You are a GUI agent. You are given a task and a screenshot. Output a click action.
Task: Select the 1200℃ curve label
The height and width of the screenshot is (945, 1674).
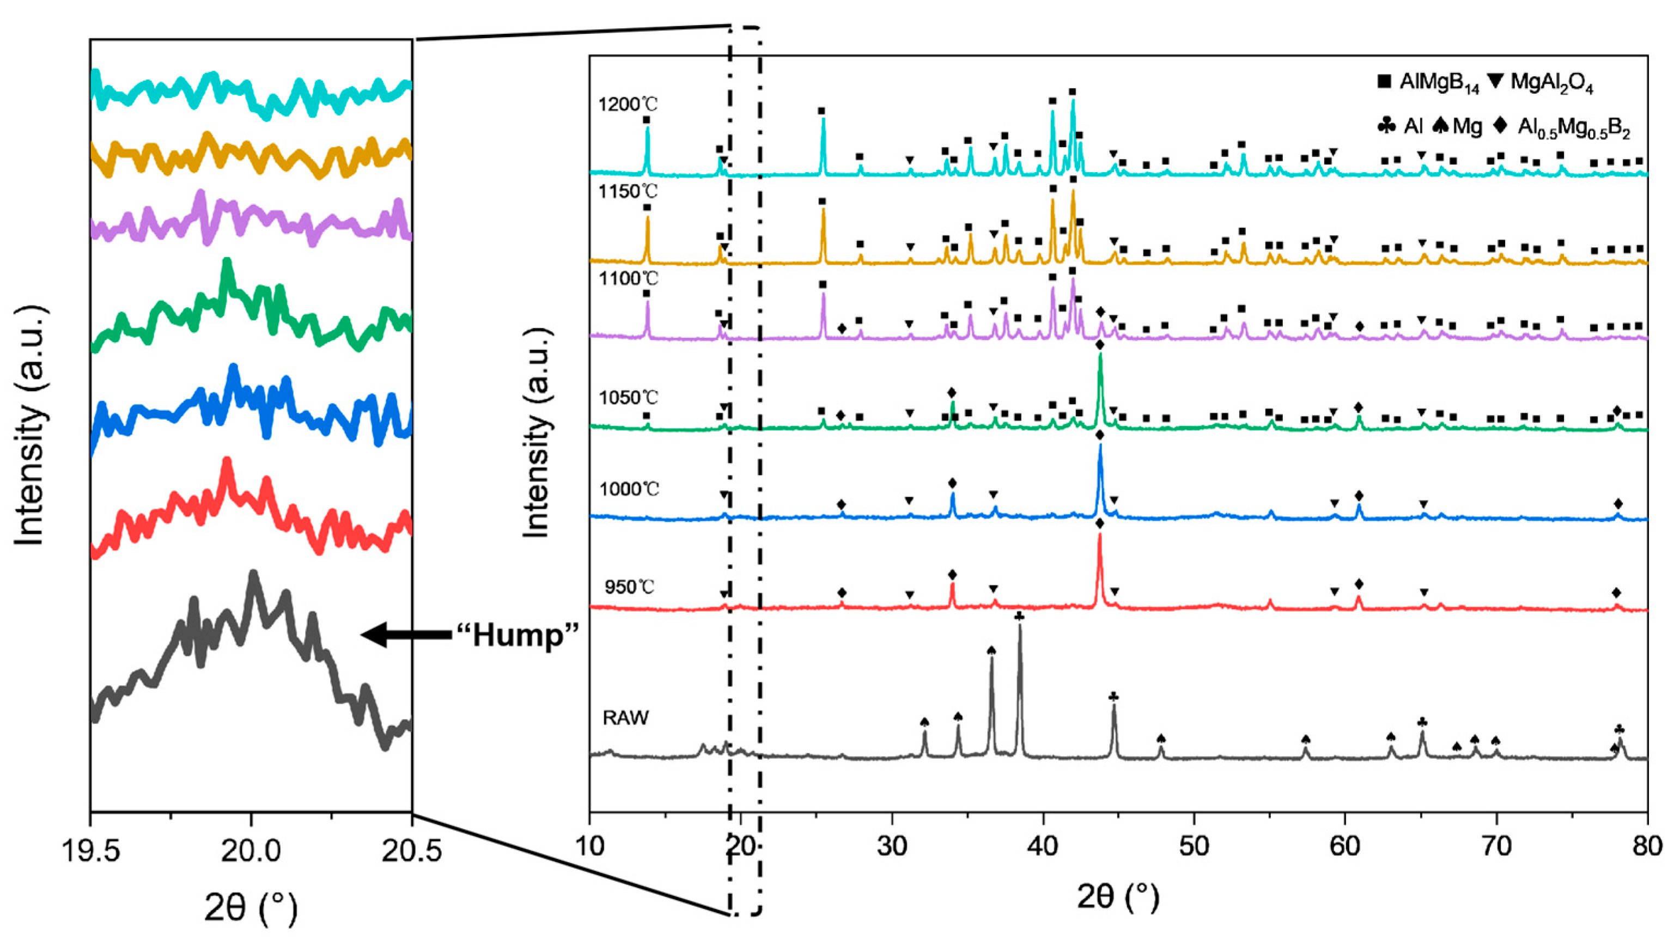[629, 105]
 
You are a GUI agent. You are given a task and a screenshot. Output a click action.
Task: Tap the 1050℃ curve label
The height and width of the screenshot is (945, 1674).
[629, 398]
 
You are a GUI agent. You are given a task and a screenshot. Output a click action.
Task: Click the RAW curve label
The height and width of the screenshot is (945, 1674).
[626, 718]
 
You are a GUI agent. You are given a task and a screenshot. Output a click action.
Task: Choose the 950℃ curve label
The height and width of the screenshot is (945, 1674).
[629, 587]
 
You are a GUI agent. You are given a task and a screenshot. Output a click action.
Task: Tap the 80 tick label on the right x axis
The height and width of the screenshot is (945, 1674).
[1647, 846]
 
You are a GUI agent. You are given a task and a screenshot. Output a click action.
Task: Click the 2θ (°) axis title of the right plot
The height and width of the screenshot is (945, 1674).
[1118, 898]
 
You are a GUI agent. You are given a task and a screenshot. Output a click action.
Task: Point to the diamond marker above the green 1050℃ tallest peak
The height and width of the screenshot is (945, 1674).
[1099, 346]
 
